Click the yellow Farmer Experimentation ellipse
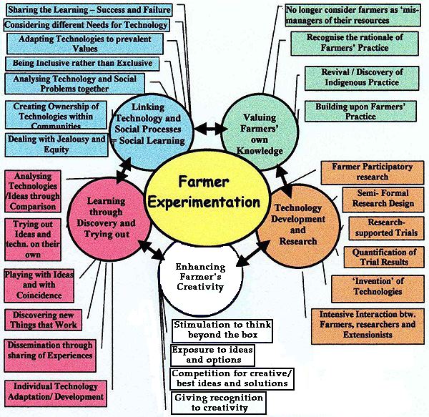pos(204,195)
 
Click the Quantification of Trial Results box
pos(384,257)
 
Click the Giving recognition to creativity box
pos(219,403)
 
